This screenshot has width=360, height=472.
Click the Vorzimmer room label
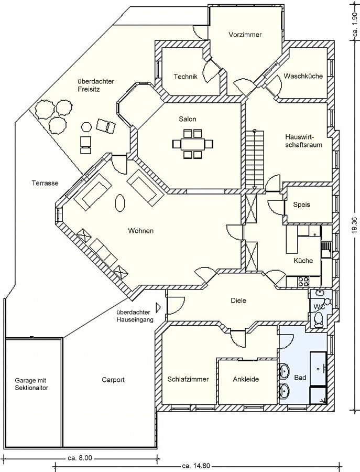(245, 35)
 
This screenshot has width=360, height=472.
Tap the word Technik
(186, 77)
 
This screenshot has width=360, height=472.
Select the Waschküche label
(303, 76)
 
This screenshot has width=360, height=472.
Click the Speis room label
(301, 205)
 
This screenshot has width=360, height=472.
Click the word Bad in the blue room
(300, 378)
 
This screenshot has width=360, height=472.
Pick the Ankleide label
(246, 380)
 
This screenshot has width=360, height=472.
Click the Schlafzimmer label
(189, 380)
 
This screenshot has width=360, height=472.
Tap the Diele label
(238, 301)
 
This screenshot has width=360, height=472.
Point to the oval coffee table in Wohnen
(120, 202)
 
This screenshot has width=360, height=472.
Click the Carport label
(113, 380)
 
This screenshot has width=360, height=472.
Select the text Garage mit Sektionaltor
(31, 383)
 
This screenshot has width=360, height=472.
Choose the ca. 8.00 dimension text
(80, 458)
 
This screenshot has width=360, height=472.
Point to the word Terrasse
(45, 183)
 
